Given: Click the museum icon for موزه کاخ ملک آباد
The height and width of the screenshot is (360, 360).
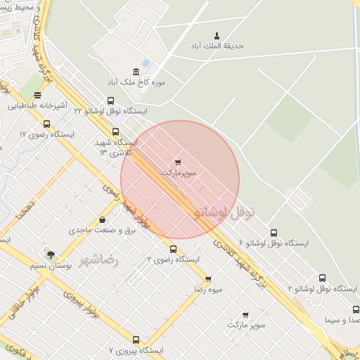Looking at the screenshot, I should click(135, 72).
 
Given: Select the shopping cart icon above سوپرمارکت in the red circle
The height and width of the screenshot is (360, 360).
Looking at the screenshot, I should click(178, 162).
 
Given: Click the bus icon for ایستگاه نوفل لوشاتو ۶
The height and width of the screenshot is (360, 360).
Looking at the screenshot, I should click(274, 233).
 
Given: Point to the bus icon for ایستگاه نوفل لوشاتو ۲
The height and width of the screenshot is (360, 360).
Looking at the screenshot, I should click(322, 278).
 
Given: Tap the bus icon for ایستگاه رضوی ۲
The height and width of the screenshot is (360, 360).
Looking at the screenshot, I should click(173, 249).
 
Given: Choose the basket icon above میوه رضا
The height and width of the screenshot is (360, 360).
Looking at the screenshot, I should click(208, 278).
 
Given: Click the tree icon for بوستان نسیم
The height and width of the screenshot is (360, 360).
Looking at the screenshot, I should click(50, 255).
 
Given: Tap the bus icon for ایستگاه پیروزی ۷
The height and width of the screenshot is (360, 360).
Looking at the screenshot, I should click(136, 339).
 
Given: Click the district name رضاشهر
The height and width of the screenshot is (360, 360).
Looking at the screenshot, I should click(100, 260).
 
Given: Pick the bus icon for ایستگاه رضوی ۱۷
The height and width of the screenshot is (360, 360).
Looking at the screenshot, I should click(46, 124).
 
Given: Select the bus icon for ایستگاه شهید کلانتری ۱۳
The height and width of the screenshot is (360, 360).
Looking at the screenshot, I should click(115, 131).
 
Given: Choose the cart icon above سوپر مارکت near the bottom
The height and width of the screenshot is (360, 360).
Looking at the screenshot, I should click(245, 314).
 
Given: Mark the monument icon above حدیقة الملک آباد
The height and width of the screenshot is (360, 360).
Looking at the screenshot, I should click(216, 35).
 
